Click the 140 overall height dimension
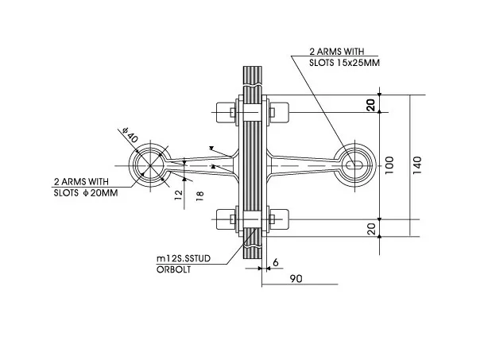[416, 165]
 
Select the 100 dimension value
[389, 165]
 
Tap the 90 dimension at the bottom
[296, 279]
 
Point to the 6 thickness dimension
[276, 262]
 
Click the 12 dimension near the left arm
[178, 195]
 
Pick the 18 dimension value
[200, 196]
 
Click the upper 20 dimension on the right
[370, 105]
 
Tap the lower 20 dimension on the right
[373, 229]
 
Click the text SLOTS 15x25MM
[344, 63]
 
